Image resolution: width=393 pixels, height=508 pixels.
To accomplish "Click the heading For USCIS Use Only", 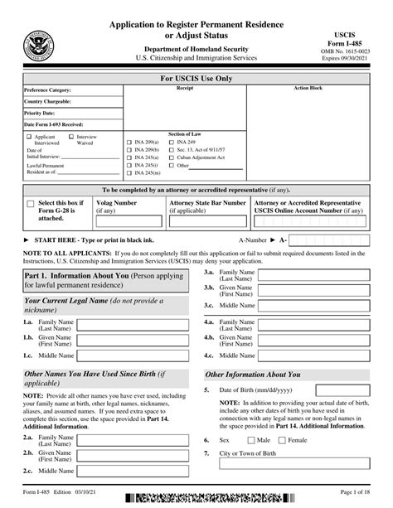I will pyautogui.click(x=196, y=79).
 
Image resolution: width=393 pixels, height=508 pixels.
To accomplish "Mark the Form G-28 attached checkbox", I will pyautogui.click(x=31, y=204).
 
